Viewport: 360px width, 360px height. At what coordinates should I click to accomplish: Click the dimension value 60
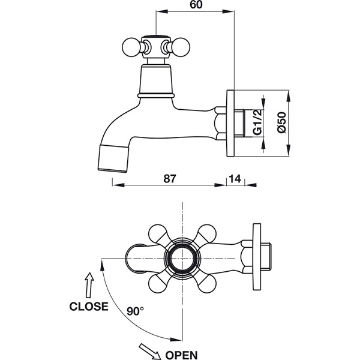(196, 5)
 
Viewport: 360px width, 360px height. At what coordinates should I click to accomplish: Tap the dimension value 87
(170, 178)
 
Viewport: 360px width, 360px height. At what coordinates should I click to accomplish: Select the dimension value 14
(235, 178)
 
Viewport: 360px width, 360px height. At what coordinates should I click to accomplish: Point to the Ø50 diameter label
(282, 122)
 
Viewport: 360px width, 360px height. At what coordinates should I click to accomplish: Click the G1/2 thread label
(257, 122)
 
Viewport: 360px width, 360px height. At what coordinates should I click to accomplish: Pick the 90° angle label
(135, 311)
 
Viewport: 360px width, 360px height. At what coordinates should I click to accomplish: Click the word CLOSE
(89, 307)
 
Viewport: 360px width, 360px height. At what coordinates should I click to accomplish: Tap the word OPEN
(181, 355)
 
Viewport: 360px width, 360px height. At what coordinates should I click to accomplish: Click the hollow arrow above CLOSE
(89, 285)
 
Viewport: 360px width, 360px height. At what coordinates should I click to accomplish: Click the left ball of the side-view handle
(131, 47)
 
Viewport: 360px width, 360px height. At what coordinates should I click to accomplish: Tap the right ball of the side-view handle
(181, 47)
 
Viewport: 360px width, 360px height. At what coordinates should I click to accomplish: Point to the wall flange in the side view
(230, 123)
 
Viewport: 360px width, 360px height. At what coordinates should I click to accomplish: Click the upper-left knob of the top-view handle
(158, 234)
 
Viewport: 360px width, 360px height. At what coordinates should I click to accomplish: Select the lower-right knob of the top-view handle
(207, 284)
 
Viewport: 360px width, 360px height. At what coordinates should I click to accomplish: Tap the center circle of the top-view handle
(182, 259)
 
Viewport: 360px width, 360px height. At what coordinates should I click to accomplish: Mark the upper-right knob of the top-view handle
(207, 234)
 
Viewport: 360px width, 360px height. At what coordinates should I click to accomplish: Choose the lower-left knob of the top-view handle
(158, 284)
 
